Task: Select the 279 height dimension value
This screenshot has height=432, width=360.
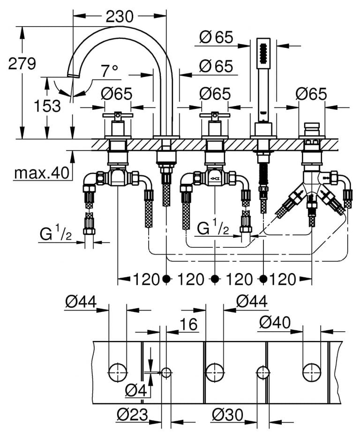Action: pyautogui.click(x=22, y=63)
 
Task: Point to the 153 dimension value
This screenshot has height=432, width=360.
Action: pyautogui.click(x=47, y=106)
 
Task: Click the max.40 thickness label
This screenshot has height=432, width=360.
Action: pyautogui.click(x=41, y=174)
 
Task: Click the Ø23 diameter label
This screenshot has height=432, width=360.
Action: pyautogui.click(x=133, y=414)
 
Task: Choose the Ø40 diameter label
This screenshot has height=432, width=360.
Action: pyautogui.click(x=275, y=322)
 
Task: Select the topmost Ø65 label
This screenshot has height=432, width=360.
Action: pyautogui.click(x=216, y=37)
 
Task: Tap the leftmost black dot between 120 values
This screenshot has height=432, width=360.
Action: pyautogui.click(x=166, y=280)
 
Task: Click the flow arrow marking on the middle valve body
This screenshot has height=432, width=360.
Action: pyautogui.click(x=215, y=178)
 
